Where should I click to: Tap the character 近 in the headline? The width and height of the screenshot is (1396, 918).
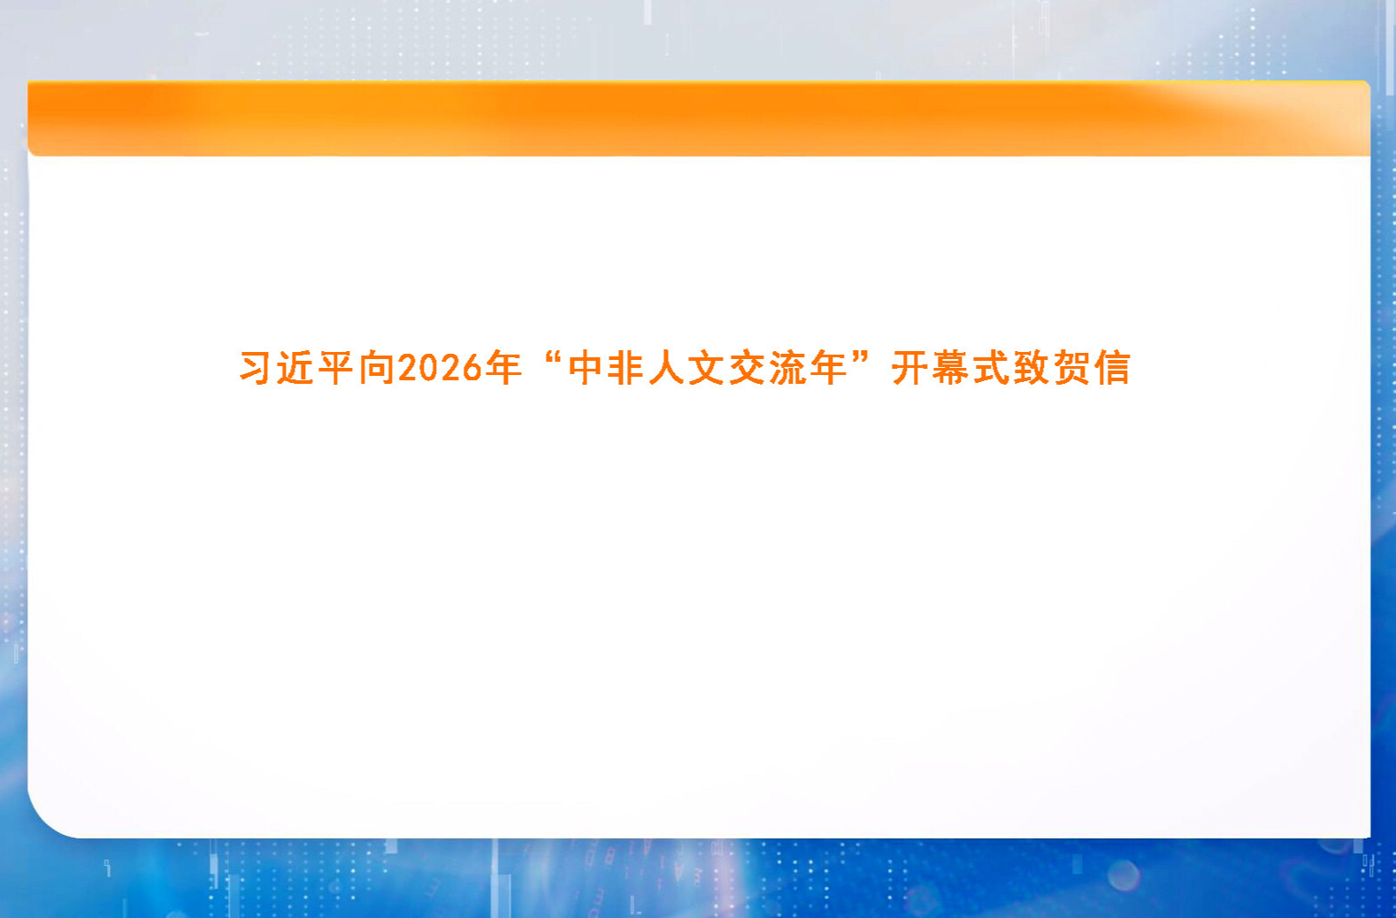pos(295,368)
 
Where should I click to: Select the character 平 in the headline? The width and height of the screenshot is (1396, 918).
pos(336,368)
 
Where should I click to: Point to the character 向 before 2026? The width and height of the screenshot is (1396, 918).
pos(377,368)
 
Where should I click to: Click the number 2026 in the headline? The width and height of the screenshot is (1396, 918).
pos(441,368)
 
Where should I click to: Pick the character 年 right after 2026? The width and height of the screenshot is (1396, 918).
pos(503,368)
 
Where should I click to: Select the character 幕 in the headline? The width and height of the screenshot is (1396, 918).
pos(950,368)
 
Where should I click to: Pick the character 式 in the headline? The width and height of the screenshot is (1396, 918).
pos(991,368)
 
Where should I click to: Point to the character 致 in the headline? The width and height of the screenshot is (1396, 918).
pos(1032,368)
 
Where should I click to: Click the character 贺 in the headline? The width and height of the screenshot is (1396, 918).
pos(1072,368)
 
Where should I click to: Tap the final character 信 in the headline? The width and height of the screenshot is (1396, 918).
pos(1113,368)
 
